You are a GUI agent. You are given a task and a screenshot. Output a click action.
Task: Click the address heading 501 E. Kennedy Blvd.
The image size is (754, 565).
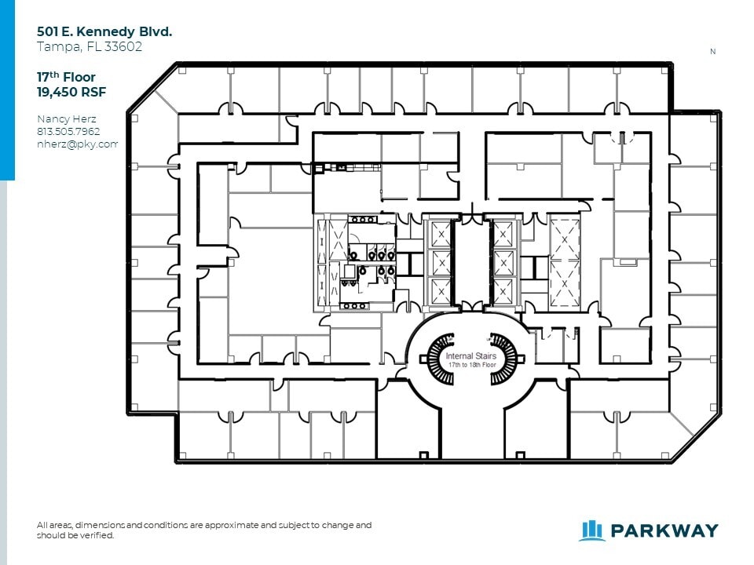click(x=104, y=31)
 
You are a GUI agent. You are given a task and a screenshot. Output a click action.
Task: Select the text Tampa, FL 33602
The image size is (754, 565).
click(x=90, y=46)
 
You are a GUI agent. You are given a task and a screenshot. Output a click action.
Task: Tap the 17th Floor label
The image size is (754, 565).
click(x=66, y=77)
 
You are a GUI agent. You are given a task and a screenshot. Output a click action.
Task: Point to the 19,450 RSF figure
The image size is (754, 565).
click(x=71, y=93)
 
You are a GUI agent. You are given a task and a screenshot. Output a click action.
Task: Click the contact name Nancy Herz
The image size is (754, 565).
click(x=66, y=119)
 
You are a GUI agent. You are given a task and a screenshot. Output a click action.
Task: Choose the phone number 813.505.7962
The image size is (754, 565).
click(x=68, y=132)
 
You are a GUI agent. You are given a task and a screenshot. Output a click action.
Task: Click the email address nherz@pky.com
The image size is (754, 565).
click(x=77, y=144)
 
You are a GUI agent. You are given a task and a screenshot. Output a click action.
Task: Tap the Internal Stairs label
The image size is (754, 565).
click(x=470, y=356)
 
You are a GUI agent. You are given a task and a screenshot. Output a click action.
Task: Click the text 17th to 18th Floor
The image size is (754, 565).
click(x=472, y=365)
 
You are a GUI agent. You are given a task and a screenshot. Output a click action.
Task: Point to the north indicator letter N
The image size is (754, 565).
click(x=712, y=52)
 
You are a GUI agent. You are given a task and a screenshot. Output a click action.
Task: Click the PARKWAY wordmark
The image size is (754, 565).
click(x=664, y=530)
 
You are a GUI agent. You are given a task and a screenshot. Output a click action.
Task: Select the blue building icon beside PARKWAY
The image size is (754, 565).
click(x=591, y=530)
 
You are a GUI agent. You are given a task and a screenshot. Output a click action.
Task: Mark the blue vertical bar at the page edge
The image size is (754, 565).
click(x=7, y=89)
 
